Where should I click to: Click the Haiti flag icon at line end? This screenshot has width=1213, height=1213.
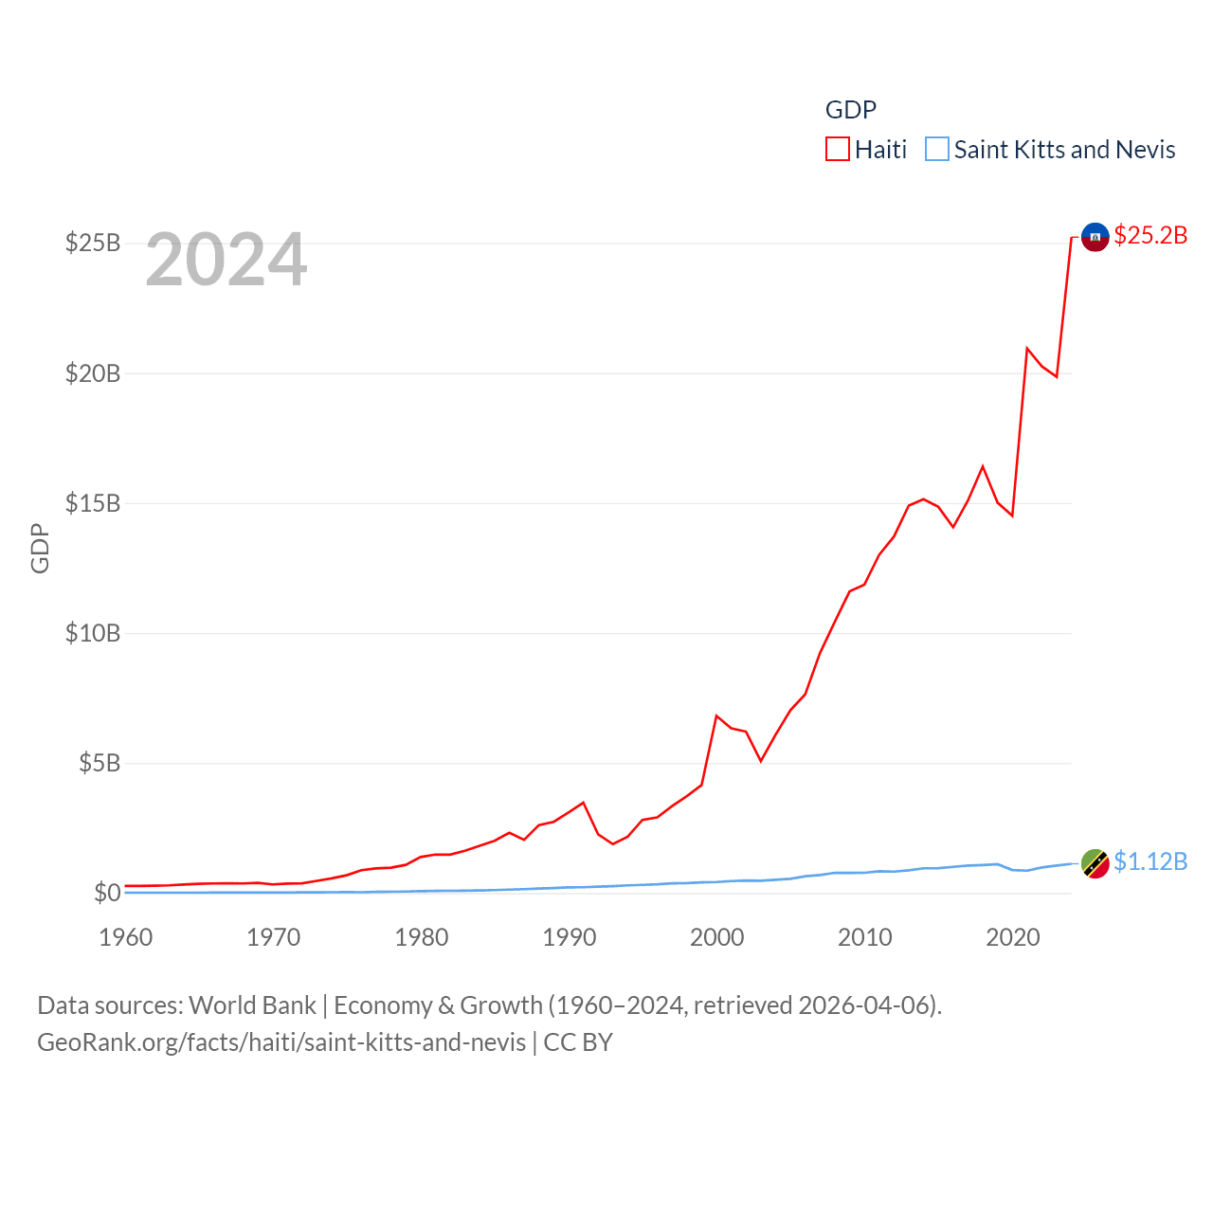1095,237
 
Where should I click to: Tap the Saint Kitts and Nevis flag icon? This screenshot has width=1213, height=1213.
1095,863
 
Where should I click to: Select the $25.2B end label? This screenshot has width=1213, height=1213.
1150,235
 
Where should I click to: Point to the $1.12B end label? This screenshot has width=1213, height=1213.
1150,861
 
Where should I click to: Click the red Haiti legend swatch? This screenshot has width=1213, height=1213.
838,150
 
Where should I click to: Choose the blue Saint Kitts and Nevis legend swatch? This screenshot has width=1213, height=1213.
937,150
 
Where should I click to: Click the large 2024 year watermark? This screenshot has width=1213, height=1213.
226,260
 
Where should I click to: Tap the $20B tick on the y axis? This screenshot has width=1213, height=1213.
93,373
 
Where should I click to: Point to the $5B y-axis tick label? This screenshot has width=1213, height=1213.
100,763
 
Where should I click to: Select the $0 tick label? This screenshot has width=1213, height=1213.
107,893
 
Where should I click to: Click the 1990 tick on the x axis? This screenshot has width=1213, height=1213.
569,938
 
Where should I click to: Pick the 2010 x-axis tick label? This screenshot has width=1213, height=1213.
864,938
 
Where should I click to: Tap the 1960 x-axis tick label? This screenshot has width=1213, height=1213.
126,938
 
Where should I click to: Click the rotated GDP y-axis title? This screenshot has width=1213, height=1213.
40,548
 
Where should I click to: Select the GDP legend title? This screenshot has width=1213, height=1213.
851,110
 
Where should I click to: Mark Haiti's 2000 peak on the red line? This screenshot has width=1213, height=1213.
716,716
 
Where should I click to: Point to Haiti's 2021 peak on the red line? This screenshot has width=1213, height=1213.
1027,349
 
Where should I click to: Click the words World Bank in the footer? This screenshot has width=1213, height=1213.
253,1005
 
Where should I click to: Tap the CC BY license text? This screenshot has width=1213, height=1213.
578,1042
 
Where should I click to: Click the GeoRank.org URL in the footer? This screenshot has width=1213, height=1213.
281,1042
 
